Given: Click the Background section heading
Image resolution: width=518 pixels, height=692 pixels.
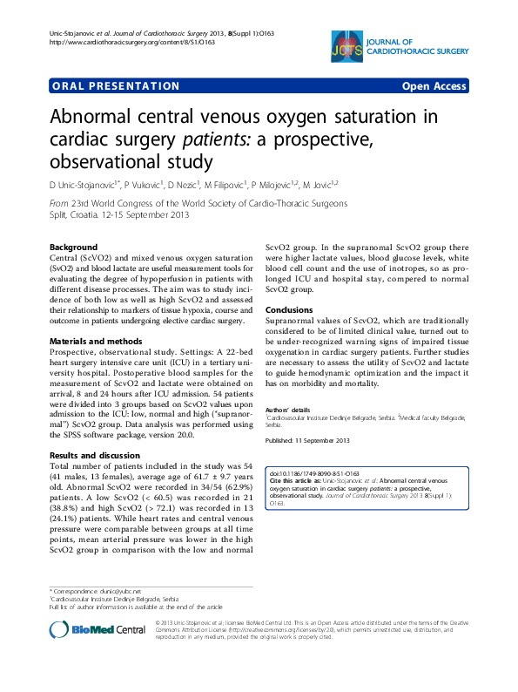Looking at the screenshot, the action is click(73, 248).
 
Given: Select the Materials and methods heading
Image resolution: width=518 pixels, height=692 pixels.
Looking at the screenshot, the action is click(96, 340).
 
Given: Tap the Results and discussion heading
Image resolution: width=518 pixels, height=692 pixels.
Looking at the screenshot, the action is click(95, 432).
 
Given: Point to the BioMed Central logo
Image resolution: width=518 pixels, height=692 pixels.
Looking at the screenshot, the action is click(98, 629).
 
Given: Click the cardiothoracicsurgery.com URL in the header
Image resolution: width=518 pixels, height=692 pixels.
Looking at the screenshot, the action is click(114, 42).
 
